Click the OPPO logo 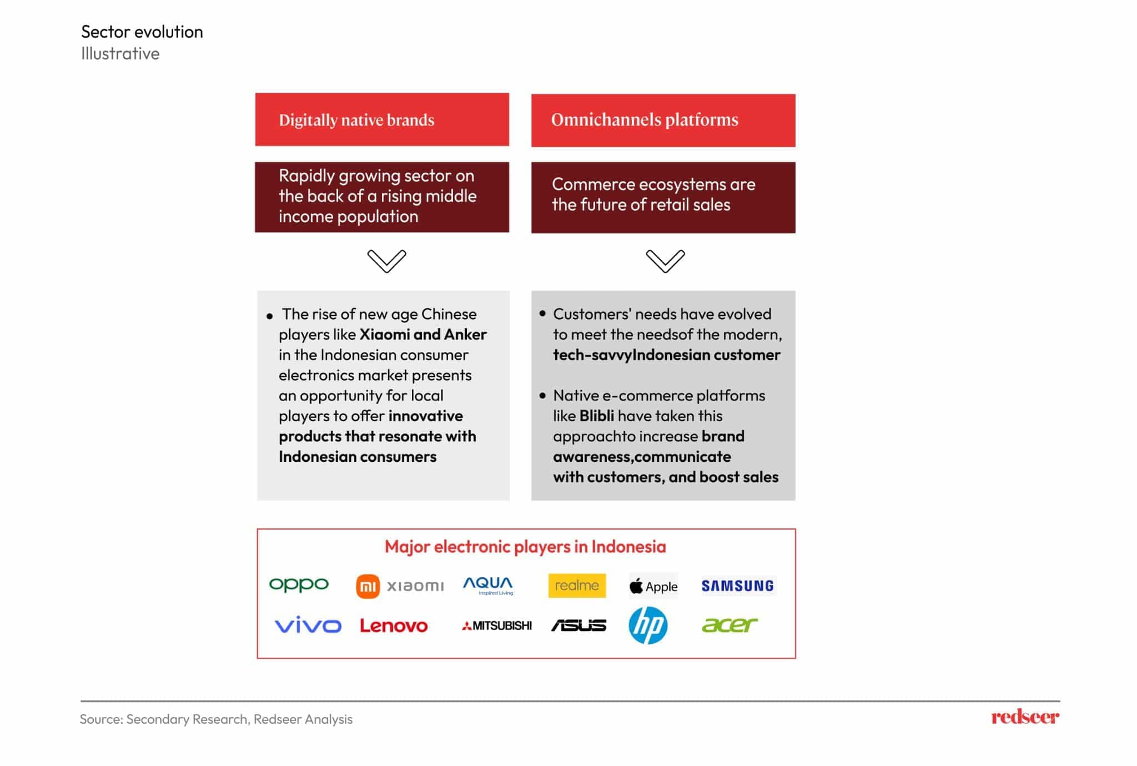click(299, 584)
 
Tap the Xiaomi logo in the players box click(400, 586)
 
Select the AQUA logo click(488, 585)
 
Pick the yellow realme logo click(577, 586)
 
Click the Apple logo click(653, 586)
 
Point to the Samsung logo click(737, 586)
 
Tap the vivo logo click(308, 625)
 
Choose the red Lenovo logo click(394, 626)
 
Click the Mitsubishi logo click(497, 626)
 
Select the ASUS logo click(578, 626)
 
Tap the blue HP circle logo click(648, 625)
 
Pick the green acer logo click(730, 625)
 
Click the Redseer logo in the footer click(1025, 717)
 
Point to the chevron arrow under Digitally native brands click(386, 261)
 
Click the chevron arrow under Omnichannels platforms click(665, 261)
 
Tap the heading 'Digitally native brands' click(356, 120)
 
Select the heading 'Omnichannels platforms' click(645, 120)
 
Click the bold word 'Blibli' click(596, 416)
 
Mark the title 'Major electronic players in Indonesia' click(525, 547)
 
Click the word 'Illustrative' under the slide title click(120, 54)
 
